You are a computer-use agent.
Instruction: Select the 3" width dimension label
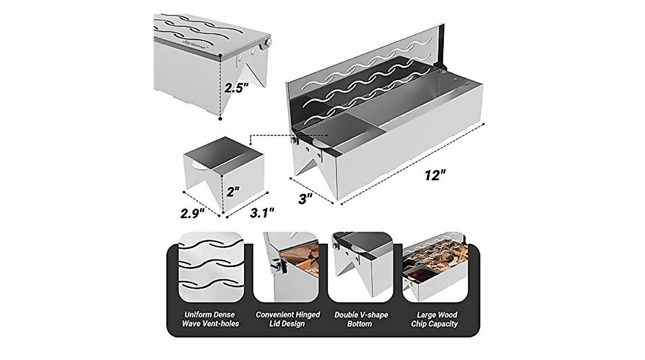305,198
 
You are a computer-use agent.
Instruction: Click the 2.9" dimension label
193,212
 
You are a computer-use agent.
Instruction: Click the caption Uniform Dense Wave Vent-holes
209,319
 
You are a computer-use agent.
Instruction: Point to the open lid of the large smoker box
365,81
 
